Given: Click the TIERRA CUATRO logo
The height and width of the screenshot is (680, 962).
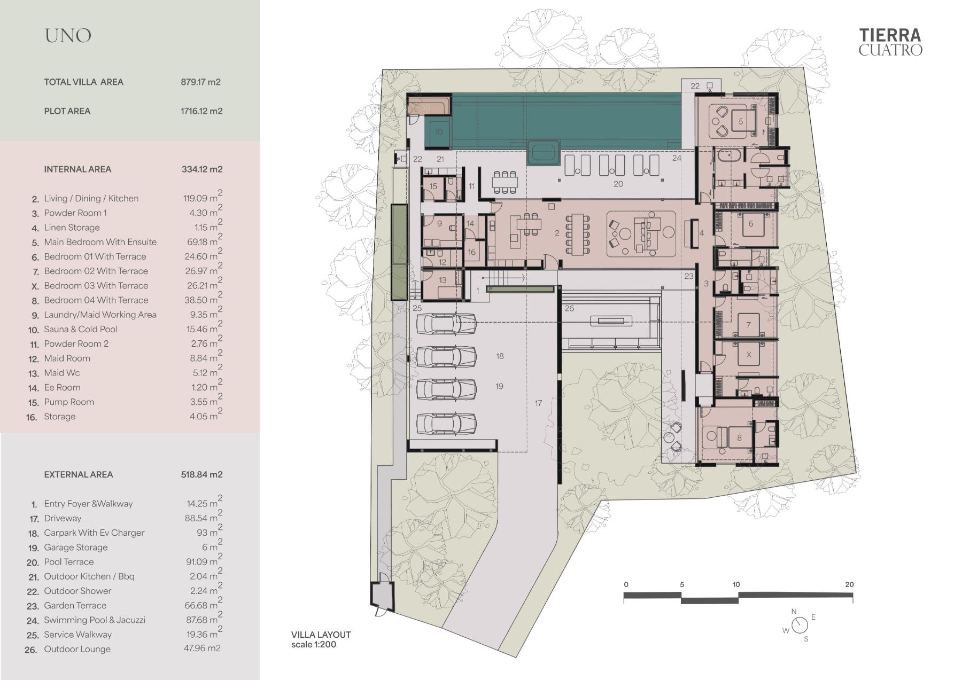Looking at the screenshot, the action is click(890, 42).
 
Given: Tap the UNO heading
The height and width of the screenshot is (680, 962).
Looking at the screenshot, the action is click(68, 36).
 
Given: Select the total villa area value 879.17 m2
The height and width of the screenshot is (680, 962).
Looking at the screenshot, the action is click(201, 82).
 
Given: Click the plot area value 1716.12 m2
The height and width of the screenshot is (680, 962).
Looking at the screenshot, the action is click(201, 111).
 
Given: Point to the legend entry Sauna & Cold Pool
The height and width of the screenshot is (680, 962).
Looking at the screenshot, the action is click(80, 329).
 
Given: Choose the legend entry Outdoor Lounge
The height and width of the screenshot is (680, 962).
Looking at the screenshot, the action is click(77, 649).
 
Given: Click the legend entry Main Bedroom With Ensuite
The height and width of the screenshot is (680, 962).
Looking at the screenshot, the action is click(100, 242).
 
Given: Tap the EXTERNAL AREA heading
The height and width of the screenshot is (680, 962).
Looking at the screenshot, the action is click(79, 474).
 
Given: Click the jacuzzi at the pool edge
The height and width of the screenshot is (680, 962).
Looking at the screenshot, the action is click(544, 153).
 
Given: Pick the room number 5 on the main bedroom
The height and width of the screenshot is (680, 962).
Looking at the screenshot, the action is click(741, 122).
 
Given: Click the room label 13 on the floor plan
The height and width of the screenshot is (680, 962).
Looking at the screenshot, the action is click(443, 280).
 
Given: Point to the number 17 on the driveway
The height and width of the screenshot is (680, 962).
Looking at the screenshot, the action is click(538, 403).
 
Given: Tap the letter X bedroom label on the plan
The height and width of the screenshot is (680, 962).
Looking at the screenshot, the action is click(748, 355).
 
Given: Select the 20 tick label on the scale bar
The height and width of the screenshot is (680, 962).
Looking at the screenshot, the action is click(849, 584).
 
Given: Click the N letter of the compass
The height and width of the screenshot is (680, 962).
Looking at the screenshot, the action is click(794, 612).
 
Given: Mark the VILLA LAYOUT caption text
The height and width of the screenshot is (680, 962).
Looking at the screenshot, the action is click(321, 635).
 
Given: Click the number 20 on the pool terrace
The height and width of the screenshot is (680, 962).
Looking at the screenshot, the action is click(618, 184).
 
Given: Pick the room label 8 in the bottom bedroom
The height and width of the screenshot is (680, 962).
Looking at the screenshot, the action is click(739, 438).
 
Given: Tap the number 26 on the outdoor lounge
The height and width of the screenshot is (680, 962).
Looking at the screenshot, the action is click(569, 308).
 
